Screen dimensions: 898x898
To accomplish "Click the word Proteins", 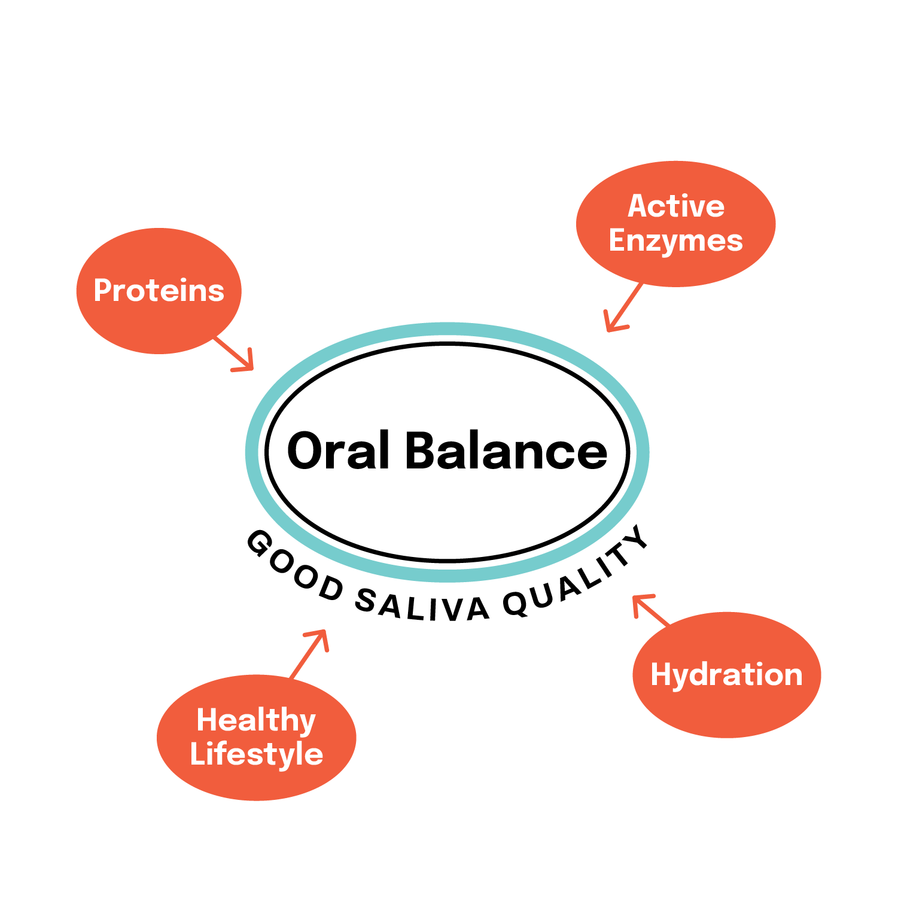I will tap(159, 291).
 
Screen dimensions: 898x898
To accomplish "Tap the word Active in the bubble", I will tap(676, 206).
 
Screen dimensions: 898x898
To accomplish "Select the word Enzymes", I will tap(675, 241).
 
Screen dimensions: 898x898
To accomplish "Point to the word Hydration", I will tap(726, 675).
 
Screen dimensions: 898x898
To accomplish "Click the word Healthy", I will tap(256, 720).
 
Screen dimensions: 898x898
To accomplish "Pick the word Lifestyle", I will tap(256, 754).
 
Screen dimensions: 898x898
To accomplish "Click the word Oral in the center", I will tap(338, 450).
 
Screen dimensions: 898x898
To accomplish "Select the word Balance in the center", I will tap(506, 450).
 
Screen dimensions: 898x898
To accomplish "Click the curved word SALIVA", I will tap(422, 605).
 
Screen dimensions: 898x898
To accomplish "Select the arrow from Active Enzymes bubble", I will tap(623, 308).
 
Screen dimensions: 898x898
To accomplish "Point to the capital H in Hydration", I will tap(662, 674).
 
